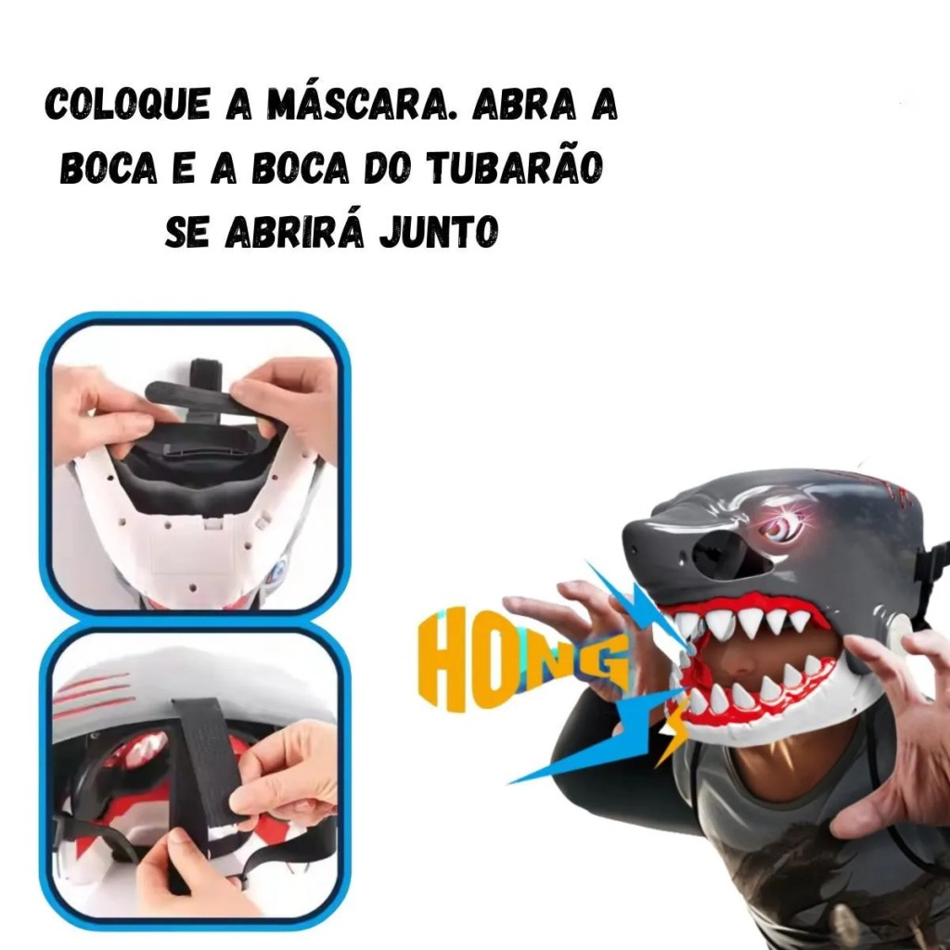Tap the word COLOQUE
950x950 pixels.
[x=128, y=104]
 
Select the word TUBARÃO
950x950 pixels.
[x=514, y=167]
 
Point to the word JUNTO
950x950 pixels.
[x=439, y=230]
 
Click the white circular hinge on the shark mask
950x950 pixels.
[x=904, y=630]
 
